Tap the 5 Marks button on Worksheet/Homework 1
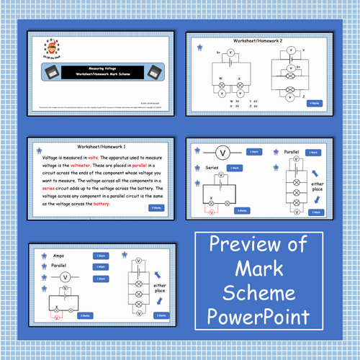click(x=156, y=208)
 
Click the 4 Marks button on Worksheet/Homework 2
click(x=315, y=104)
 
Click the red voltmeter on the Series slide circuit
click(x=210, y=212)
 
